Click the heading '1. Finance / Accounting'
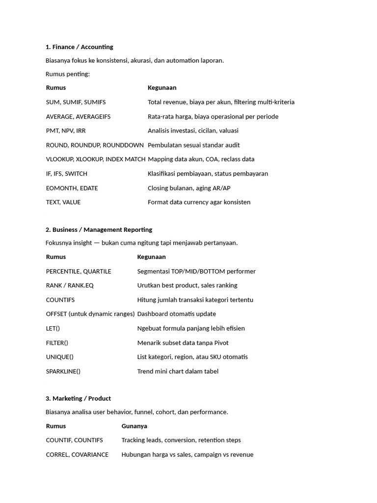79,47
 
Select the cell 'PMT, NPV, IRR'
66,131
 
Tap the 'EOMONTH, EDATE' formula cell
72,188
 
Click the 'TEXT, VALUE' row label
63,202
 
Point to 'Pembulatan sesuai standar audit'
193,145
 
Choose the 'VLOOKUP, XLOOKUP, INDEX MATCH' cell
96,159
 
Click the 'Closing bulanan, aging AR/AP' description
189,188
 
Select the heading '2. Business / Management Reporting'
99,229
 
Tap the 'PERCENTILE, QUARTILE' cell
79,271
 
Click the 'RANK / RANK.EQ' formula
70,285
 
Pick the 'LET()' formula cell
53,328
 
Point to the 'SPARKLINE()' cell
63,371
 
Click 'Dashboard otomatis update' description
177,314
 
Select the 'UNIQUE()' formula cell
60,357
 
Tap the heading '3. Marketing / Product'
78,398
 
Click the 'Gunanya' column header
135,426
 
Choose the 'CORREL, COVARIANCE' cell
77,455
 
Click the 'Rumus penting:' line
68,74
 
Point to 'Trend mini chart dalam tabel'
178,371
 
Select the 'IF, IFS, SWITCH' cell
67,174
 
